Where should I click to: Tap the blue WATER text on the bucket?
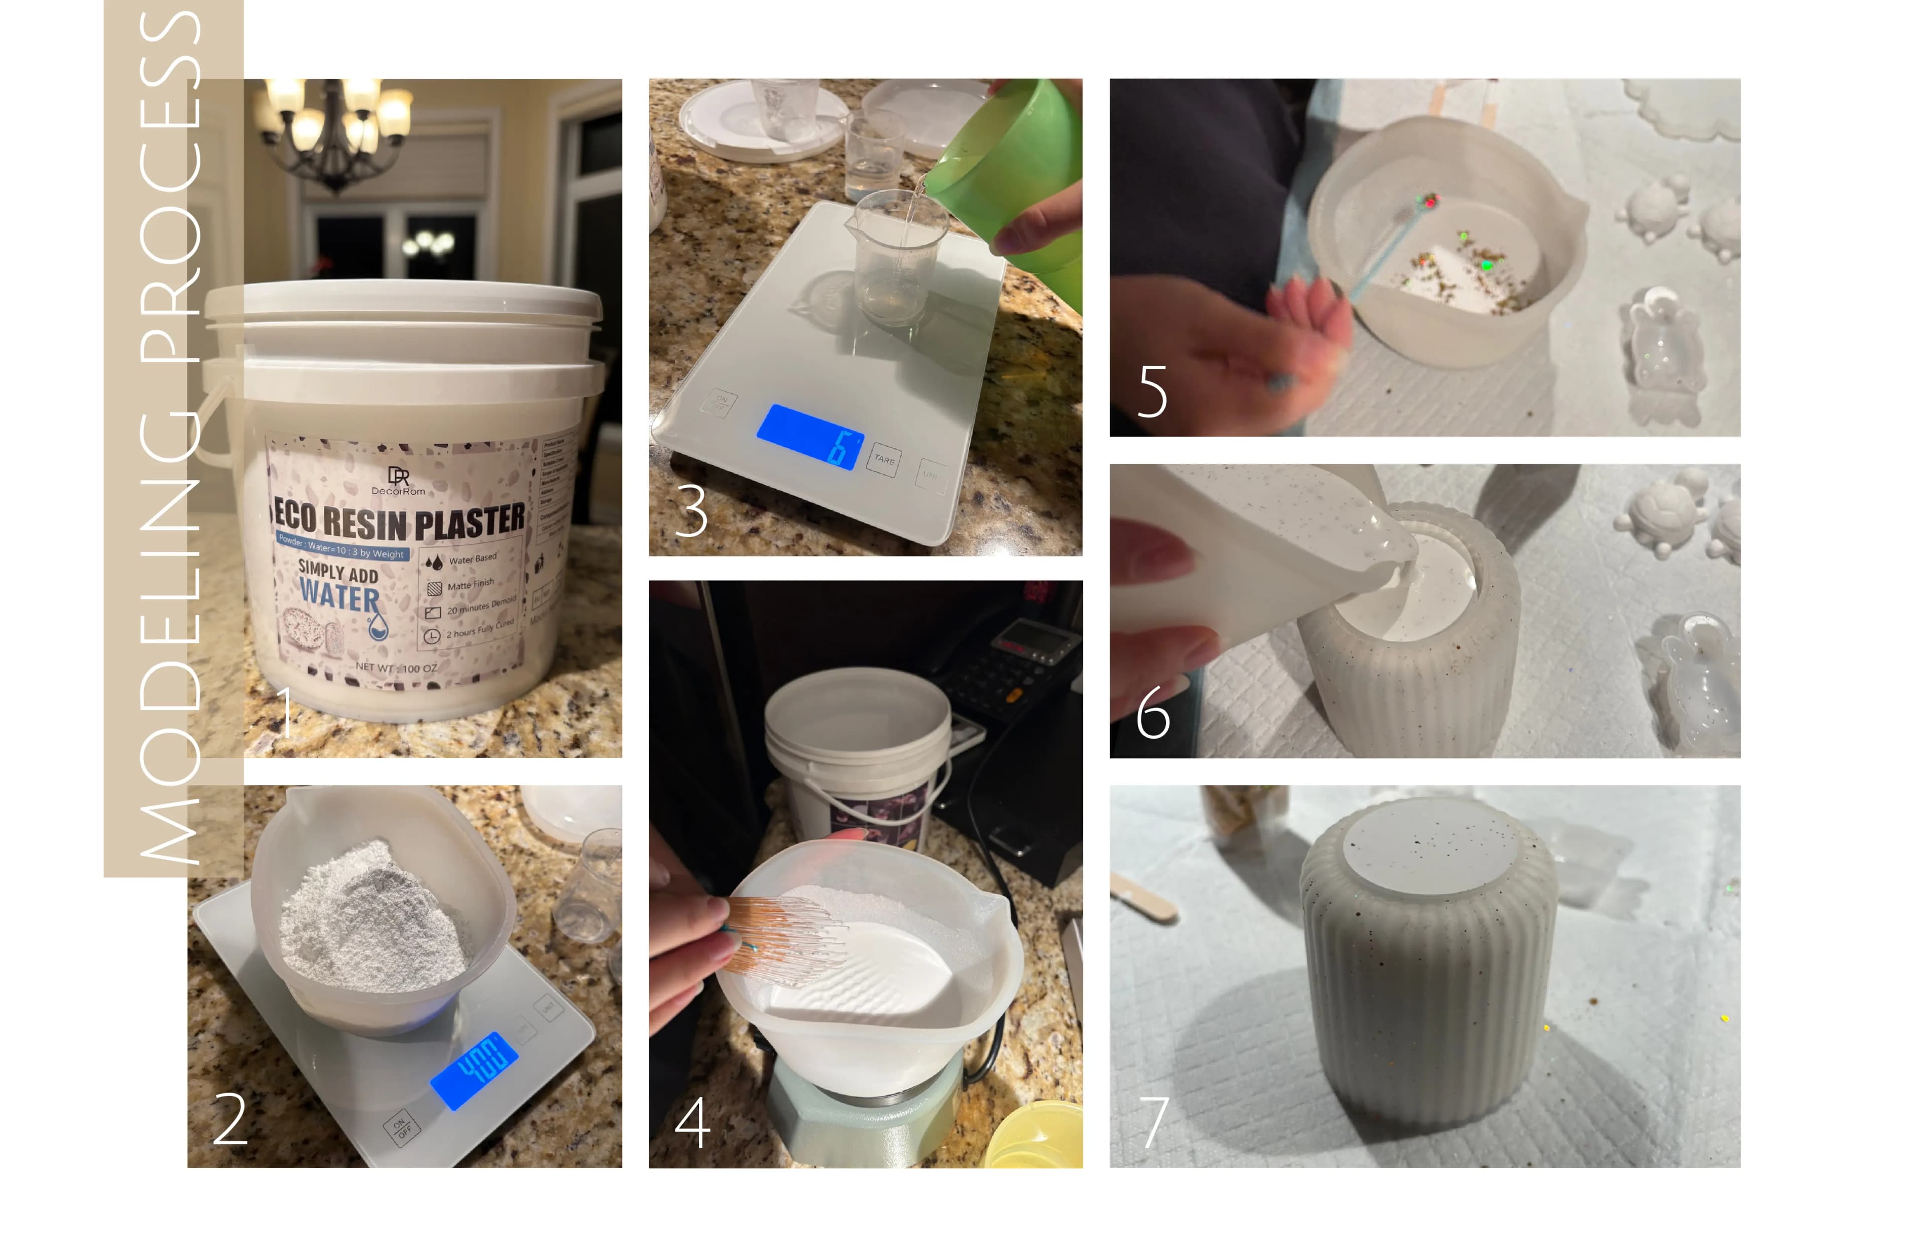(x=338, y=598)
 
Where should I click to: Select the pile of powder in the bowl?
(x=373, y=919)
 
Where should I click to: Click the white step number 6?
(x=1153, y=713)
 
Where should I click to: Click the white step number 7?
(x=1154, y=1122)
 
